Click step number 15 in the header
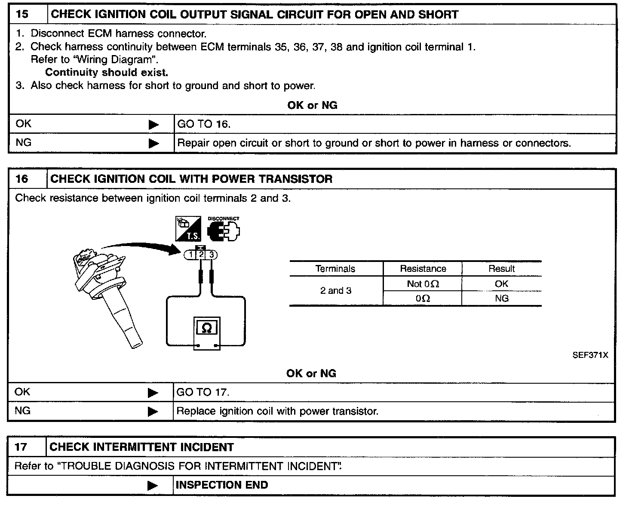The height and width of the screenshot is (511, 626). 22,14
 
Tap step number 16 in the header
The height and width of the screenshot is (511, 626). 21,179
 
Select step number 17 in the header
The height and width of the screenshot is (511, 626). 21,447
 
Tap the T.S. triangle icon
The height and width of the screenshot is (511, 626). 188,229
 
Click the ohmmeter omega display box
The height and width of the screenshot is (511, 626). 206,328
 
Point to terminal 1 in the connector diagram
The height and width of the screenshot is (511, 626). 190,255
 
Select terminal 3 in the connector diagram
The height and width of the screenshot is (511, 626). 212,255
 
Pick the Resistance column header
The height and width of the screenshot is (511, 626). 423,269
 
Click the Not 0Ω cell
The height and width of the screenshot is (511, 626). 423,284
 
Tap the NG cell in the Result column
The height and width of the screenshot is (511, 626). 502,299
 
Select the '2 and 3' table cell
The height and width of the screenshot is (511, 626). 336,291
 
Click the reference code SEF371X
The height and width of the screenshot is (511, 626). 590,355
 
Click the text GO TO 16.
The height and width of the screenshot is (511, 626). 204,124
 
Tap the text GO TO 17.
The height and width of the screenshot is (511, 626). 203,392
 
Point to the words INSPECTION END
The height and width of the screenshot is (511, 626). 222,485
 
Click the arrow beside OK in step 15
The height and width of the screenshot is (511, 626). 153,125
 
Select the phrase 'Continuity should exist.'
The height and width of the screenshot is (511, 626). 107,72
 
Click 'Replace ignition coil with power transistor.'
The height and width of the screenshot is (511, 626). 278,411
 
